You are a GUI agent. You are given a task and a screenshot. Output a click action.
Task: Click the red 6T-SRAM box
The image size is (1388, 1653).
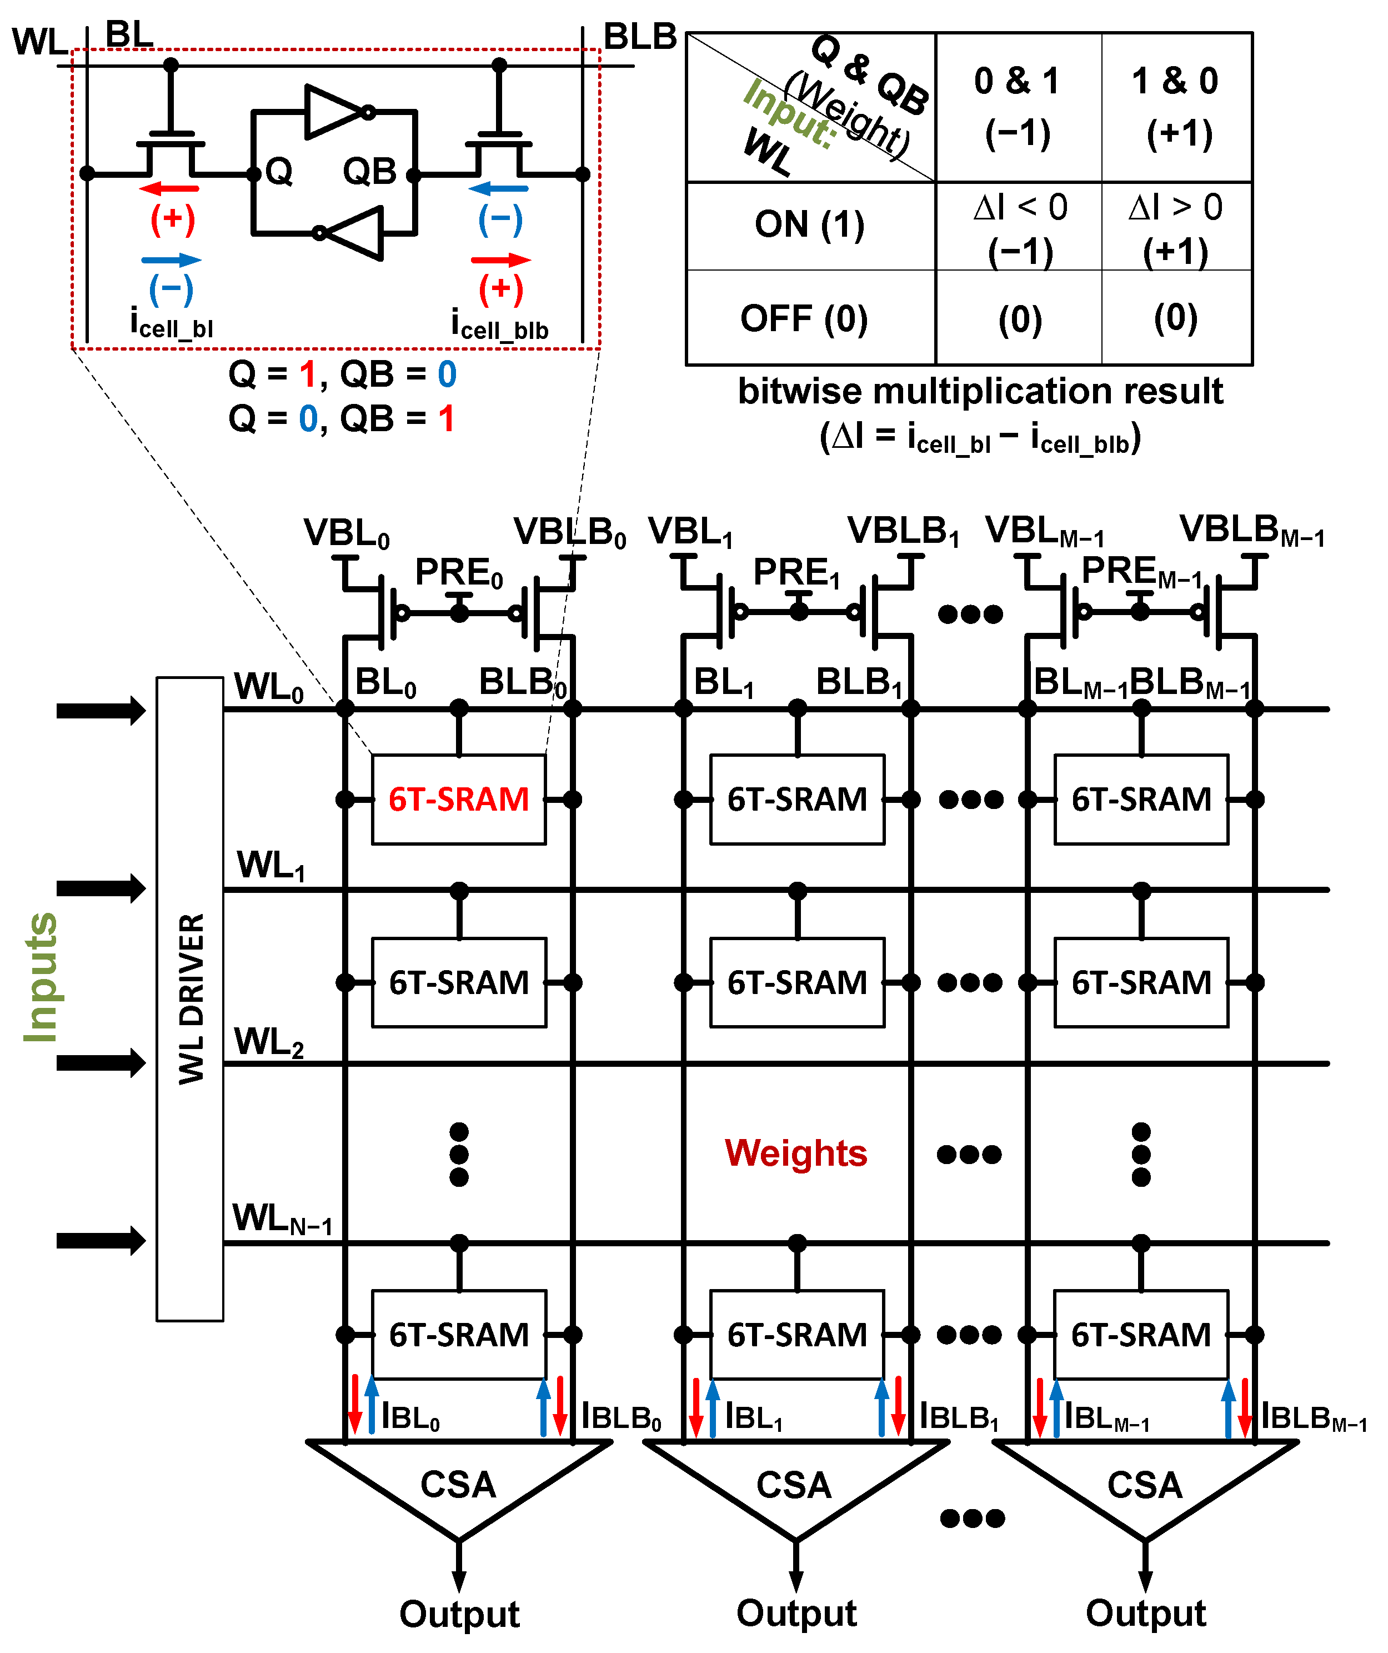(x=459, y=799)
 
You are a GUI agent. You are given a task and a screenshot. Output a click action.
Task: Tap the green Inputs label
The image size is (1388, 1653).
(x=39, y=977)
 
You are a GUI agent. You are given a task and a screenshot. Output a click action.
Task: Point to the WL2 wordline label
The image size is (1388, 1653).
(x=268, y=1043)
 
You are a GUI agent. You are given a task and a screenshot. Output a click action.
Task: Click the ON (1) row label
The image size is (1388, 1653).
(x=810, y=225)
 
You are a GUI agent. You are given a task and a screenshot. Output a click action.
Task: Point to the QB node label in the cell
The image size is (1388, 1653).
(x=369, y=172)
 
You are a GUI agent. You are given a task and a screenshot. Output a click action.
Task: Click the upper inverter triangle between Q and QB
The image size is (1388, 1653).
(x=334, y=112)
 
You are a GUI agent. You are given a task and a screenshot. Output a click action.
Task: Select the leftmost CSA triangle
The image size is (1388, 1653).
(x=459, y=1484)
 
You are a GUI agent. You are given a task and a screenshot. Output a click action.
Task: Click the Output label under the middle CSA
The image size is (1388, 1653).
(x=796, y=1613)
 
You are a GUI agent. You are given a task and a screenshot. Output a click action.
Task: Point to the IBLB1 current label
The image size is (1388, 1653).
(x=959, y=1417)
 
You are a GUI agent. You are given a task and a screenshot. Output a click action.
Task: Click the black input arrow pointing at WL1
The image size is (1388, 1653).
(x=101, y=888)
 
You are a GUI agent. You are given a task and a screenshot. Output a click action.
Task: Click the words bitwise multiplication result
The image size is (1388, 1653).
(x=980, y=391)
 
